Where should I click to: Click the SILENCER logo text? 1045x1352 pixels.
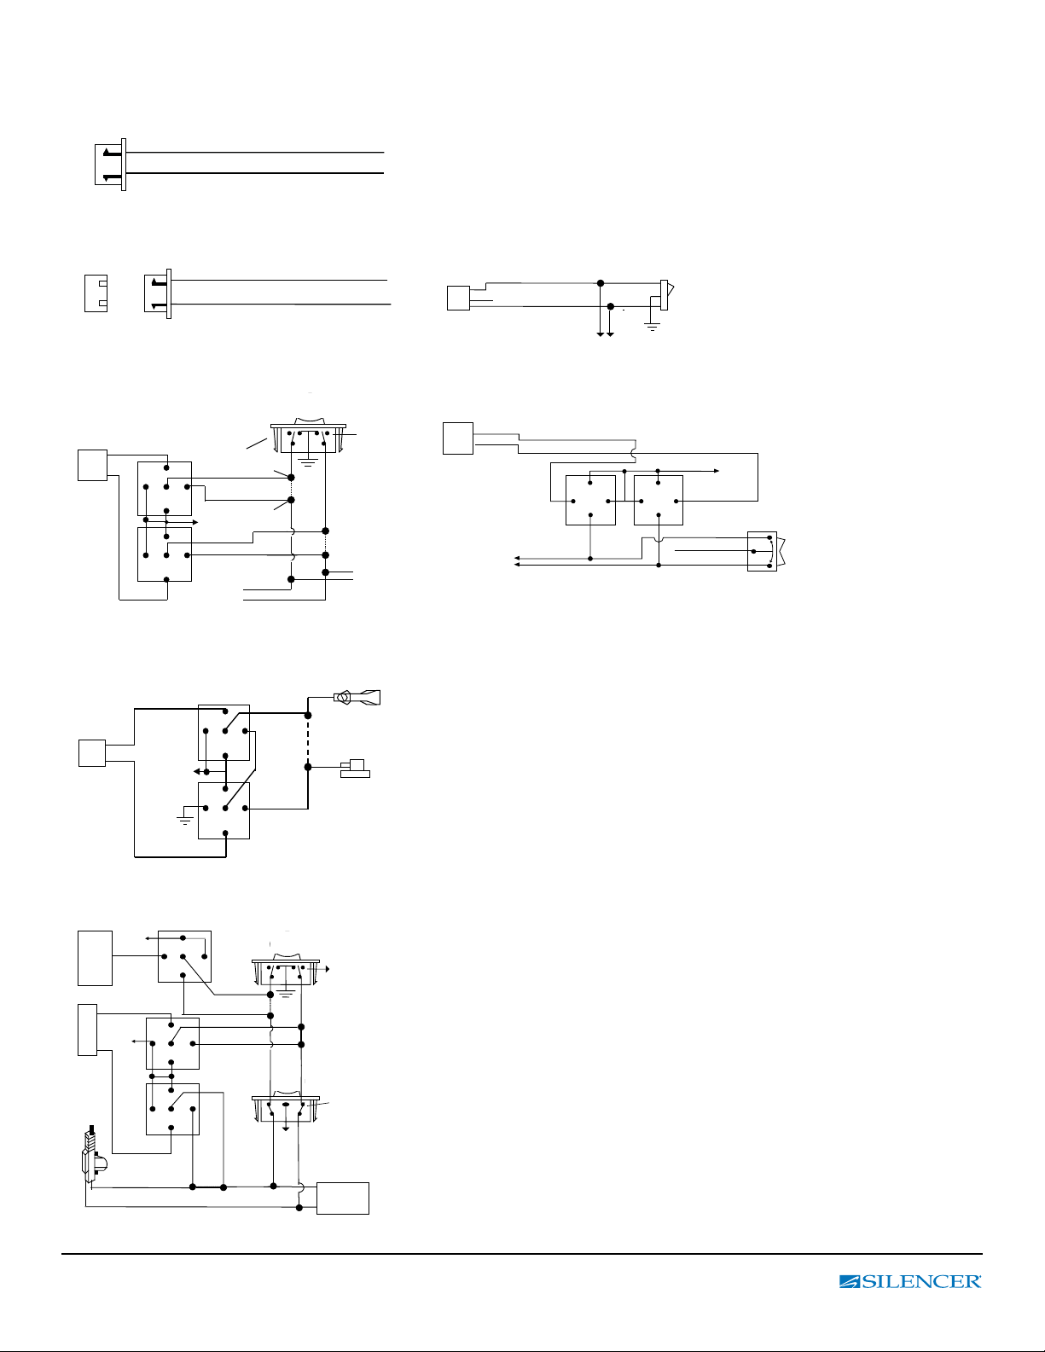[910, 1281]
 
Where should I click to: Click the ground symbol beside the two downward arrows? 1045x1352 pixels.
[652, 327]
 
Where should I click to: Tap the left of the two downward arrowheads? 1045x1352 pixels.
[601, 334]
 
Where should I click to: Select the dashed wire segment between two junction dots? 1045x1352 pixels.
[308, 741]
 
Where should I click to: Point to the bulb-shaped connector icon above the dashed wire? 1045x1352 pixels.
[357, 698]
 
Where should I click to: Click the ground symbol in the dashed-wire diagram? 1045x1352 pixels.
[185, 817]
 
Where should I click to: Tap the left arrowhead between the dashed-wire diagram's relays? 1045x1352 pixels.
[197, 771]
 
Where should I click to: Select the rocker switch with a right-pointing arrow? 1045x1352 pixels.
[286, 971]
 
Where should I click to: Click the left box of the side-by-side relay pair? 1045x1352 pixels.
[590, 500]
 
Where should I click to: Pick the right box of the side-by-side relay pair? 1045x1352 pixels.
[658, 500]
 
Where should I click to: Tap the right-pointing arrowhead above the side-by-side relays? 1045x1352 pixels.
[717, 471]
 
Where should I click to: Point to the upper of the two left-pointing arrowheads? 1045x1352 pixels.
[517, 558]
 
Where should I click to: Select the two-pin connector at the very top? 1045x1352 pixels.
[111, 165]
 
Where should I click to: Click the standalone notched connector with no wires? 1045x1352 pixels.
[96, 293]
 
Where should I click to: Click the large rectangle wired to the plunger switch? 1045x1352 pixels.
[343, 1198]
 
